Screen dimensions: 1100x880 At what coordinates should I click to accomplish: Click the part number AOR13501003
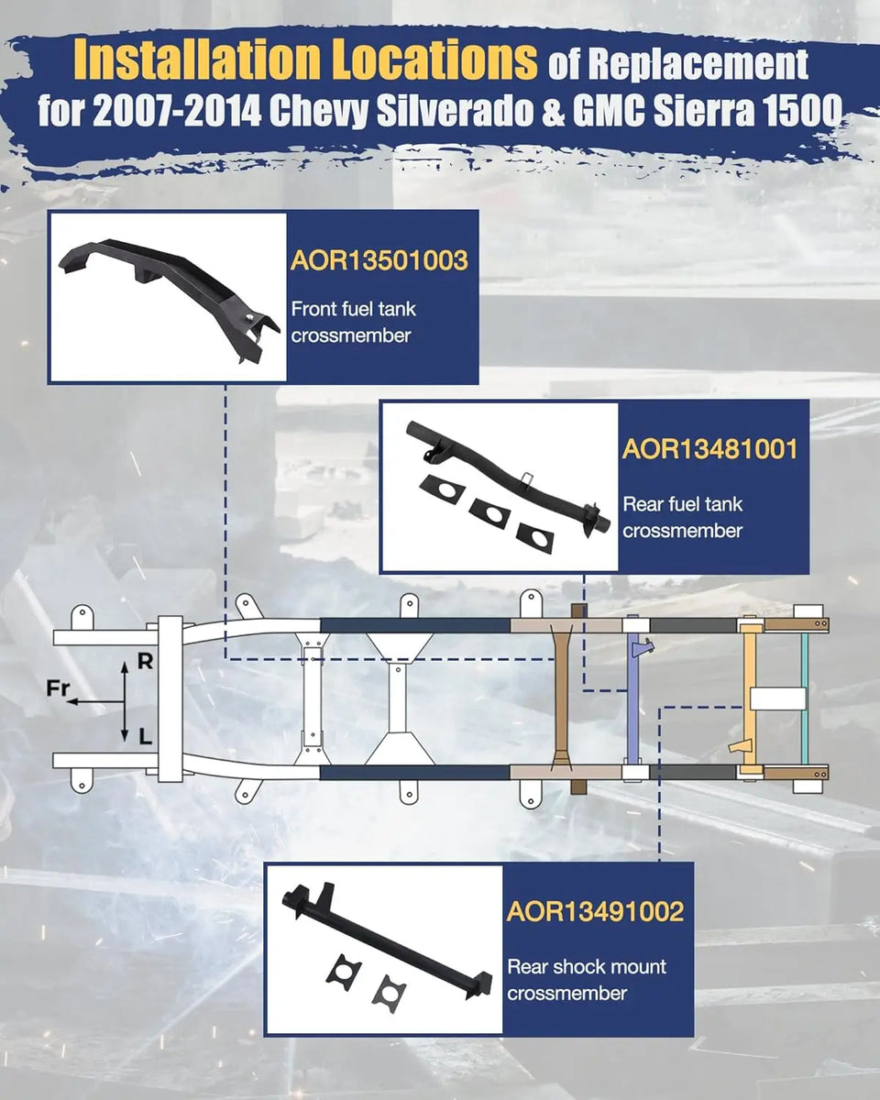click(x=379, y=260)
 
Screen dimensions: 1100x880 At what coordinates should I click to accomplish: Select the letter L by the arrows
click(x=145, y=736)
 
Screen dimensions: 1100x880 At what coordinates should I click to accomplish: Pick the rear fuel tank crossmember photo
click(x=500, y=486)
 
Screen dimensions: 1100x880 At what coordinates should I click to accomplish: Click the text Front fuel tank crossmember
click(x=354, y=323)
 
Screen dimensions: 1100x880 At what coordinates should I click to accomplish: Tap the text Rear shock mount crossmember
click(x=587, y=980)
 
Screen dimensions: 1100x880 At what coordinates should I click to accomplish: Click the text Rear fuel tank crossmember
click(x=683, y=517)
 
